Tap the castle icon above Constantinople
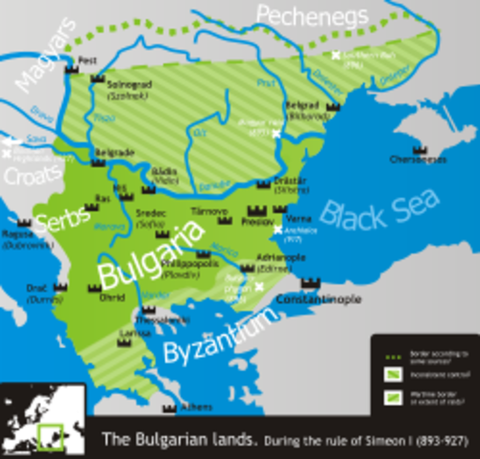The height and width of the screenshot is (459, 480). [x=309, y=283]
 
